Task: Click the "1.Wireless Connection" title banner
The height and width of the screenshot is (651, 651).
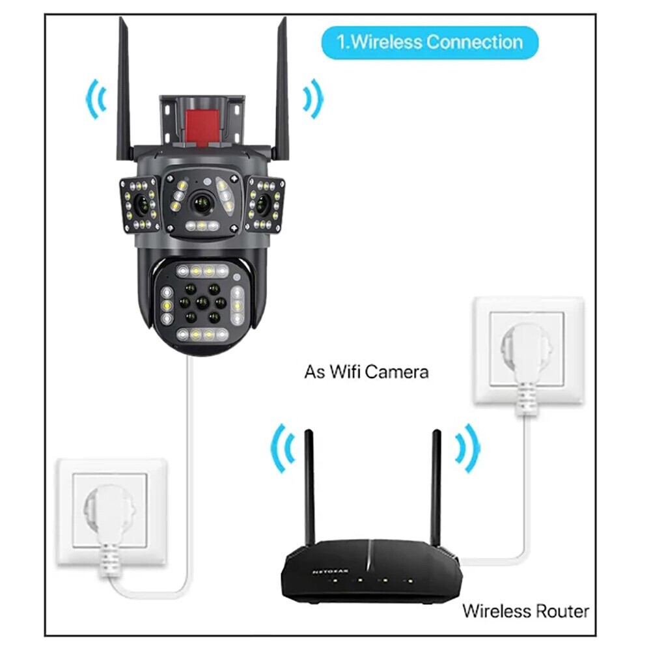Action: pyautogui.click(x=430, y=43)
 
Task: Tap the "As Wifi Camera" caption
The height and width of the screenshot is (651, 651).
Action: pyautogui.click(x=367, y=372)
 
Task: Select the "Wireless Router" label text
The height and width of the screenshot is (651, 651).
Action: pyautogui.click(x=525, y=611)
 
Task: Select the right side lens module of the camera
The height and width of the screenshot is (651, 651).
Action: pyautogui.click(x=264, y=204)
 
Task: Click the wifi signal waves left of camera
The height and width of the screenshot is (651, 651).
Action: pyautogui.click(x=96, y=98)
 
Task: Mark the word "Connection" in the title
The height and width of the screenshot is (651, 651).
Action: pyautogui.click(x=475, y=43)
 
